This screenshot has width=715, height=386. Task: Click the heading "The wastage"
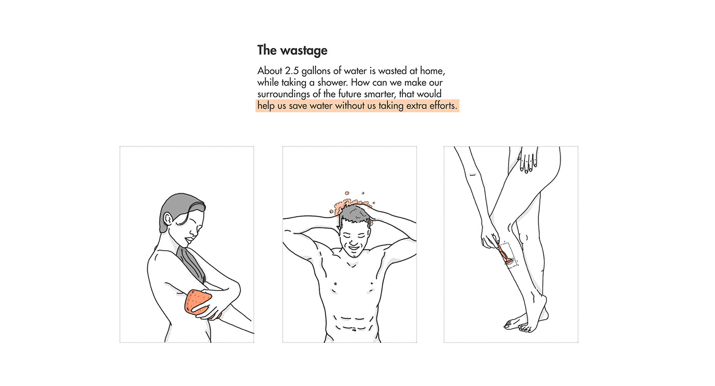tap(292, 51)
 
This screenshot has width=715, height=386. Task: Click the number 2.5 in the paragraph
tap(292, 70)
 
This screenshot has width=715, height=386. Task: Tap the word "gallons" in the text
tap(316, 71)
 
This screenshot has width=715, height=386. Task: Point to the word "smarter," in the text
tap(379, 94)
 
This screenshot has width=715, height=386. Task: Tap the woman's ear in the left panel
tap(168, 220)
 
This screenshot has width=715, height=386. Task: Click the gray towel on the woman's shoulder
tap(192, 263)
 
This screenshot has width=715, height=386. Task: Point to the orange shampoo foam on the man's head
tap(351, 204)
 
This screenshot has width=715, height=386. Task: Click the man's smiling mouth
tap(353, 247)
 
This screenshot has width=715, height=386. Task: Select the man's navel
tap(353, 330)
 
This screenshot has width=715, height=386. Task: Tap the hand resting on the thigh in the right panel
tap(528, 159)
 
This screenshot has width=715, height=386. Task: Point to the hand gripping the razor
tap(489, 237)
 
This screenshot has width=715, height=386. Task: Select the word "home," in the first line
tap(433, 71)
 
